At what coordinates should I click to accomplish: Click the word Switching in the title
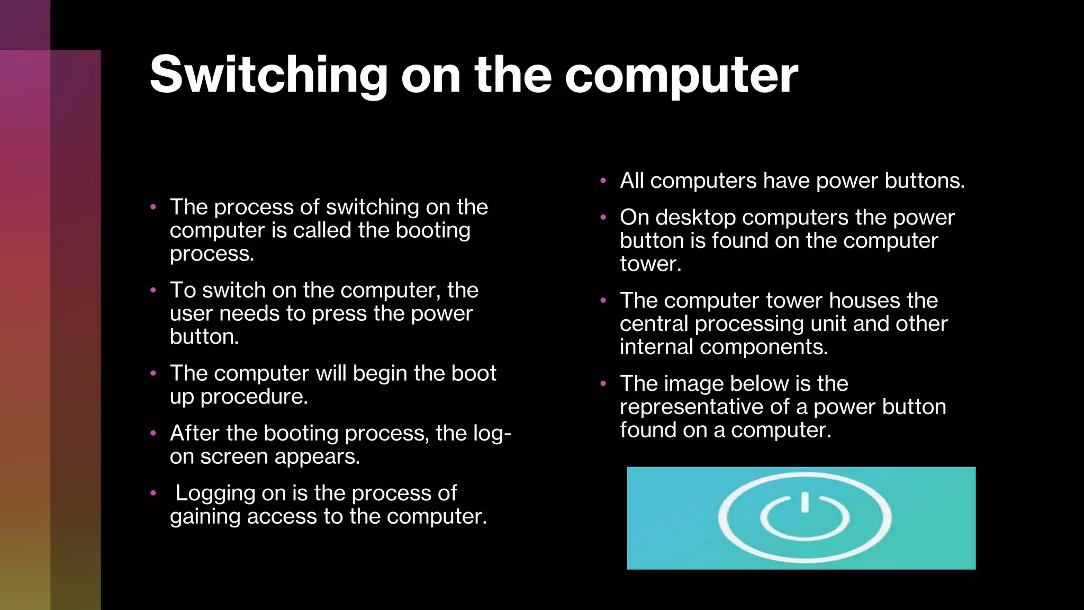(269, 75)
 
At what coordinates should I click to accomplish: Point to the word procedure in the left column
(254, 397)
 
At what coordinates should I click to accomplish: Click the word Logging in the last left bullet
(215, 493)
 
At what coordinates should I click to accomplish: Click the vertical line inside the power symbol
(805, 502)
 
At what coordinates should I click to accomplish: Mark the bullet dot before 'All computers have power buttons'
(603, 181)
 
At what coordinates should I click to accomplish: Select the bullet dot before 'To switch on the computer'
(153, 290)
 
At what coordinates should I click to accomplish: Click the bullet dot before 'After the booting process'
(153, 433)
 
